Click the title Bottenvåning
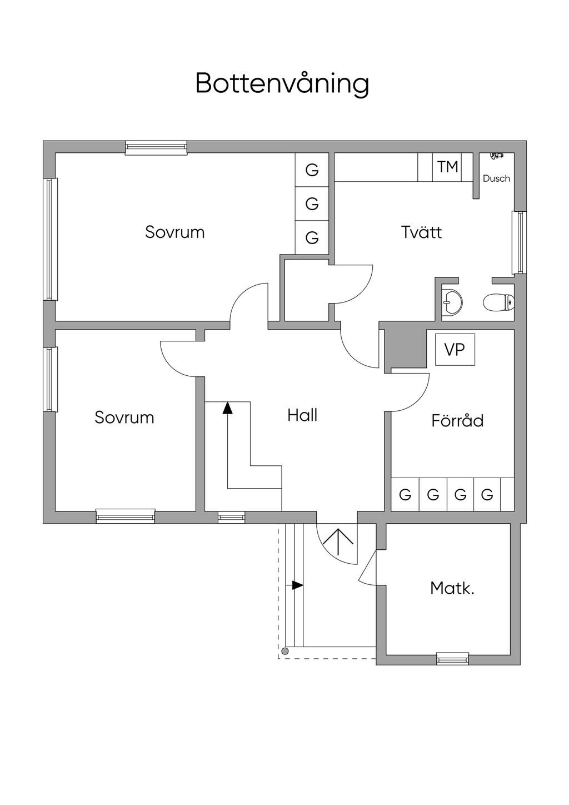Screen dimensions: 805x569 coord(282,84)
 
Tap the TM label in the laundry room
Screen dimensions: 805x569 coord(447,166)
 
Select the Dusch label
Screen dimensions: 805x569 coord(496,178)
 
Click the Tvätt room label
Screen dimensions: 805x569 coord(421,232)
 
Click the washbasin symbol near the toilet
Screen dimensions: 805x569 coord(452,302)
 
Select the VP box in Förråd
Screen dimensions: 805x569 coord(455,350)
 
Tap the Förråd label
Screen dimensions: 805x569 coord(457,420)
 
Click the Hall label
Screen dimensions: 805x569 coord(302,415)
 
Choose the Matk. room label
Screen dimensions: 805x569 coord(452,588)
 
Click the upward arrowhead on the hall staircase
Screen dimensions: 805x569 coord(227,408)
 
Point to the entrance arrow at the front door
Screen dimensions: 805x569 coord(338,543)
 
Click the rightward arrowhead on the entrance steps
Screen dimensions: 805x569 coord(298,585)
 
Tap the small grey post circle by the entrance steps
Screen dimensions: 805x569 coord(285,651)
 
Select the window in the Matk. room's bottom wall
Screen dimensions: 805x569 coord(452,659)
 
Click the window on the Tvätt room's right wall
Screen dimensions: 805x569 coord(520,242)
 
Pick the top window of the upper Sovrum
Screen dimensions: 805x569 coord(156,147)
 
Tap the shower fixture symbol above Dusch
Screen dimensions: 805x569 coord(496,157)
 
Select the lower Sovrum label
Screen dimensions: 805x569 coord(124,418)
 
